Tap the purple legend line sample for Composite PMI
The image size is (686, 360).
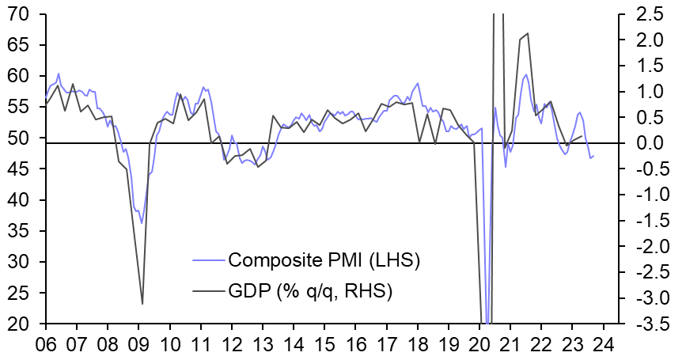[x=207, y=260]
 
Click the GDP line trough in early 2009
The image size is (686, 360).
[x=142, y=304]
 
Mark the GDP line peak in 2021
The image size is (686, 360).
[x=527, y=33]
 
